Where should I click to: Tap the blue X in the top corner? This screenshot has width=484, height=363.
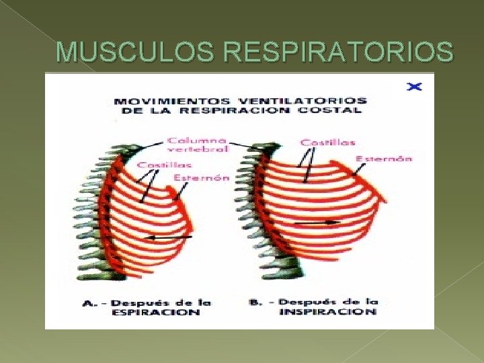pyautogui.click(x=415, y=87)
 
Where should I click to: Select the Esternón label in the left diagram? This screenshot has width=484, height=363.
pyautogui.click(x=201, y=178)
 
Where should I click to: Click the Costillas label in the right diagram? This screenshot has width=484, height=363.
pyautogui.click(x=328, y=143)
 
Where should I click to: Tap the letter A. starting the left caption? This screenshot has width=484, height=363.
pyautogui.click(x=88, y=303)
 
